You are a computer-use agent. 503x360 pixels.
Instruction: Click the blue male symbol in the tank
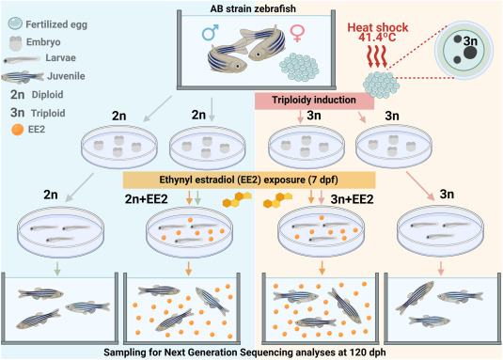click(211, 32)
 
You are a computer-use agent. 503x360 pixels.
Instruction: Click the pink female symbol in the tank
click(297, 34)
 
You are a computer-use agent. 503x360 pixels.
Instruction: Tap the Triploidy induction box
click(314, 101)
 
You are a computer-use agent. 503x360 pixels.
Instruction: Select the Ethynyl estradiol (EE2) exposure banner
click(249, 180)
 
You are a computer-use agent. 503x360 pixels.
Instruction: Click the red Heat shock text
click(378, 27)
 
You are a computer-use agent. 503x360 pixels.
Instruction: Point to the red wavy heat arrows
click(378, 56)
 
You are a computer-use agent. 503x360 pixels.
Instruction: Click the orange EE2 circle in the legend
click(17, 130)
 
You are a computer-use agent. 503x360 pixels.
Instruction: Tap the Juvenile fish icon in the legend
click(23, 77)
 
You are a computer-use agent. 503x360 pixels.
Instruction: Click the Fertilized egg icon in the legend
click(15, 23)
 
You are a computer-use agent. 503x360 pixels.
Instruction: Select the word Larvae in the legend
click(60, 58)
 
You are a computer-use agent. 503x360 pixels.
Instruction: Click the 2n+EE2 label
click(147, 199)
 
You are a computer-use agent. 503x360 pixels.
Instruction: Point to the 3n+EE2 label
click(352, 199)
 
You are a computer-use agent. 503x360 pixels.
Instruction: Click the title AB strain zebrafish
click(253, 8)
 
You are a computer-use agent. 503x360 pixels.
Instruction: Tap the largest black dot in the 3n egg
click(470, 54)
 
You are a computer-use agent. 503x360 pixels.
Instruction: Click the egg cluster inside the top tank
click(299, 67)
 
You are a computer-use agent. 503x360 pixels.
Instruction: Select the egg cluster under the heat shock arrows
click(381, 85)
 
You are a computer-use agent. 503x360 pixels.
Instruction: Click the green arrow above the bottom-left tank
click(57, 269)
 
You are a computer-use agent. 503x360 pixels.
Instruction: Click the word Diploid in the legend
click(47, 95)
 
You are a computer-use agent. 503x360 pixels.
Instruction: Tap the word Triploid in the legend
click(48, 114)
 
